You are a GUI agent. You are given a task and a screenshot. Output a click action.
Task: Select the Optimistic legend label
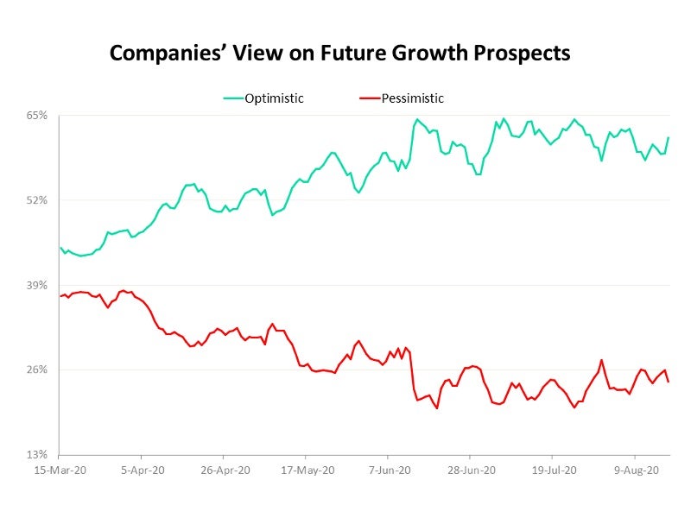(x=276, y=98)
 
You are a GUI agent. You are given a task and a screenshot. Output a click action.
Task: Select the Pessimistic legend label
(x=413, y=98)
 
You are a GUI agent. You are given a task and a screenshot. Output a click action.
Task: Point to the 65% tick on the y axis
(x=35, y=115)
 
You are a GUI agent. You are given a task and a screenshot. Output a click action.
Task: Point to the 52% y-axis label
(x=35, y=200)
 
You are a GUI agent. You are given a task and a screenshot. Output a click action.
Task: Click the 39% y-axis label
(x=35, y=285)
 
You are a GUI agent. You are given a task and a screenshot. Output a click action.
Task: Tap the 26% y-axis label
(x=35, y=370)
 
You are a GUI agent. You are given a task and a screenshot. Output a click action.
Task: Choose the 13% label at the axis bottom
(x=35, y=454)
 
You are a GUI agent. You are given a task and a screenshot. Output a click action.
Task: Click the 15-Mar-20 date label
(x=60, y=471)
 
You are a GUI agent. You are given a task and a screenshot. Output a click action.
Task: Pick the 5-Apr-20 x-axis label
(x=142, y=471)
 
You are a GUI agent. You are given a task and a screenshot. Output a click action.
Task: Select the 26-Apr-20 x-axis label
(x=224, y=471)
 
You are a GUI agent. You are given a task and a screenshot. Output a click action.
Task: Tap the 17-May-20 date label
(x=306, y=471)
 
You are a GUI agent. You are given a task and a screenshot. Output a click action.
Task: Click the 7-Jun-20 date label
(x=388, y=471)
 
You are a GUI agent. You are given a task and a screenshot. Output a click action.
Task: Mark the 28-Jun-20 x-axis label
(x=470, y=471)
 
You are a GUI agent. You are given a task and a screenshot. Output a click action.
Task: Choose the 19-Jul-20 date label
(x=552, y=471)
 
